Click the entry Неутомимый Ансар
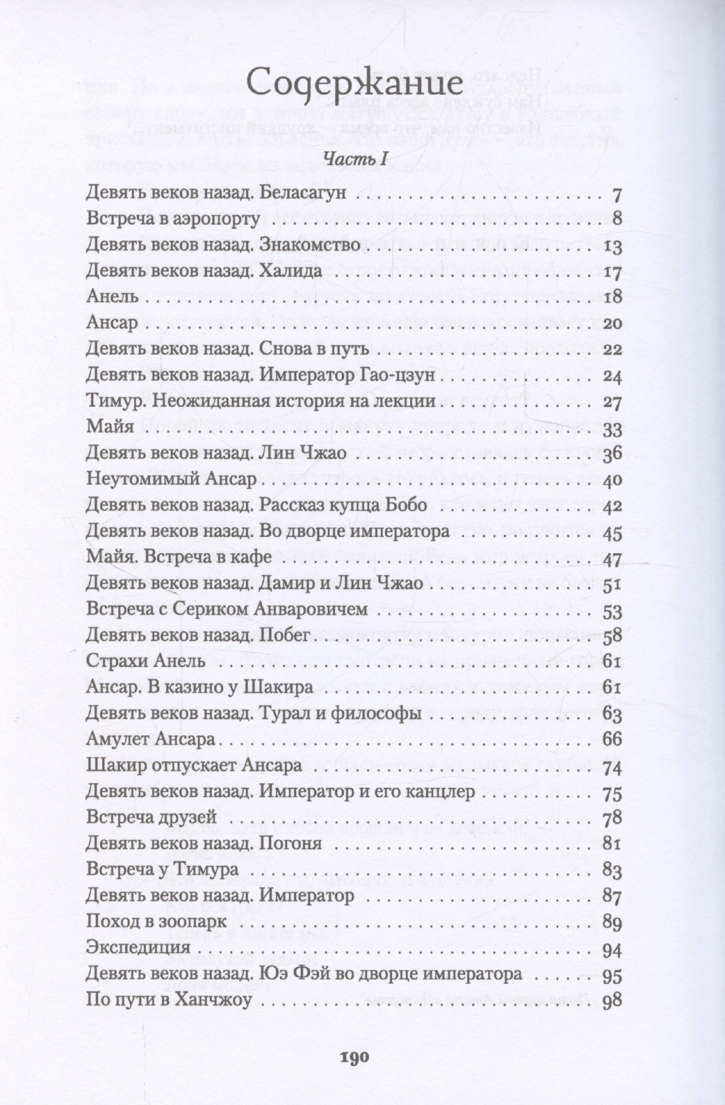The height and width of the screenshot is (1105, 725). [171, 479]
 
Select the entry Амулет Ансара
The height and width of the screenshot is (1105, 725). [151, 739]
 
